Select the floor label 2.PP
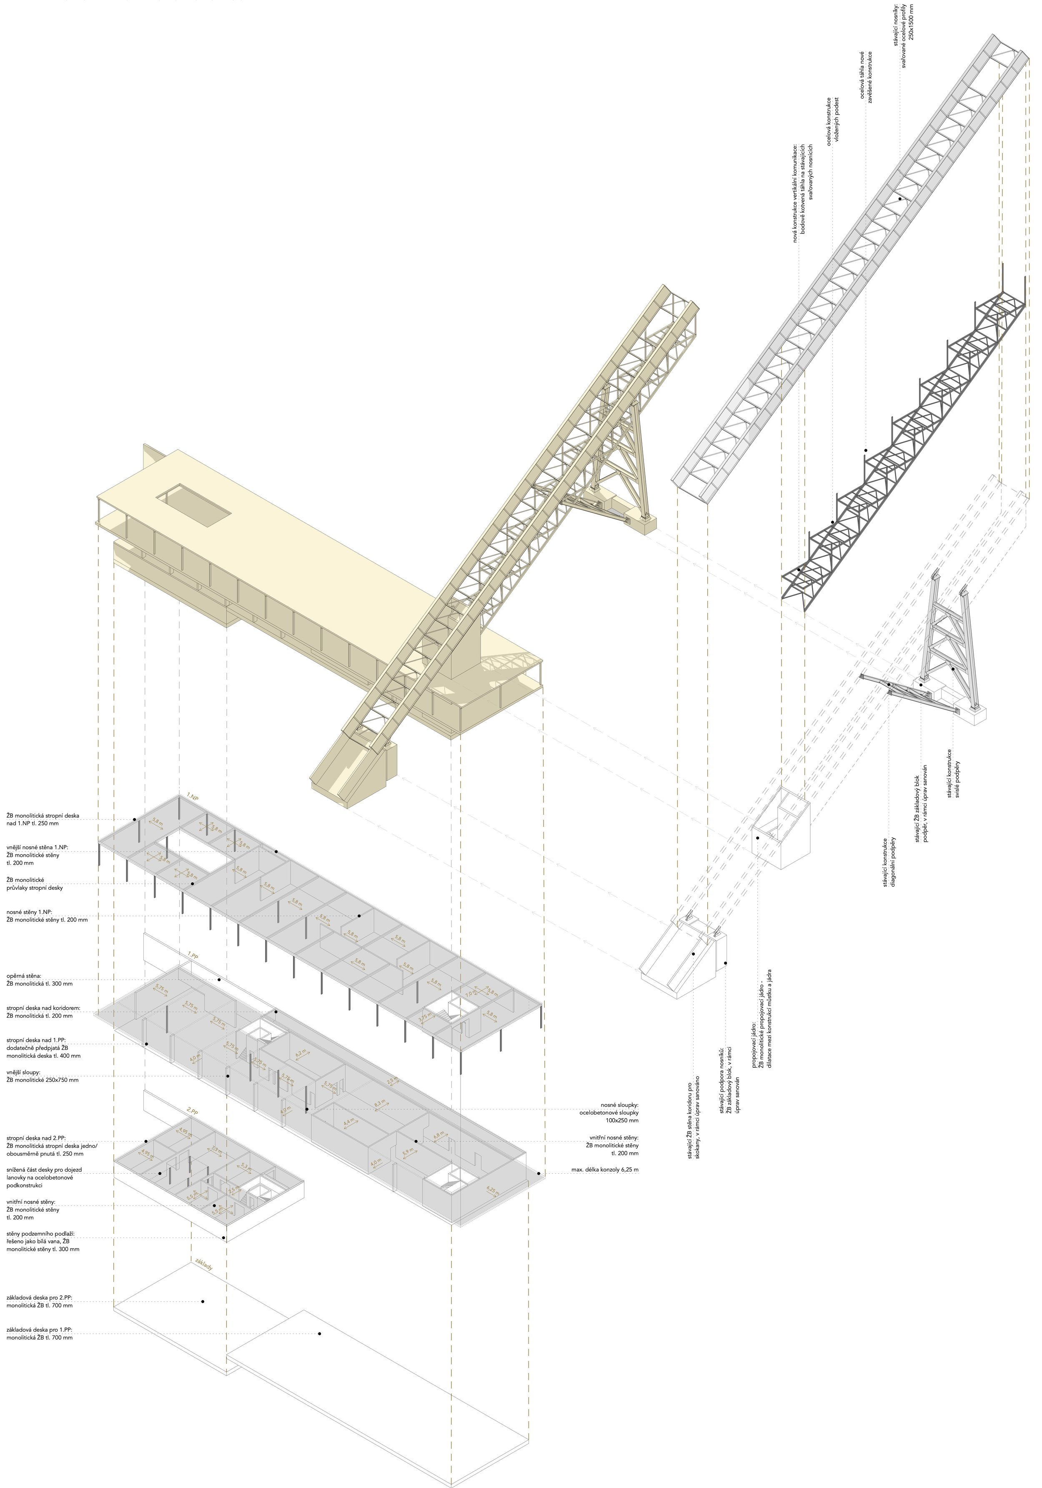pyautogui.click(x=192, y=1112)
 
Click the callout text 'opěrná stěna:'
pyautogui.click(x=25, y=975)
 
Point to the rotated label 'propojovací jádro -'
pyautogui.click(x=755, y=1027)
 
